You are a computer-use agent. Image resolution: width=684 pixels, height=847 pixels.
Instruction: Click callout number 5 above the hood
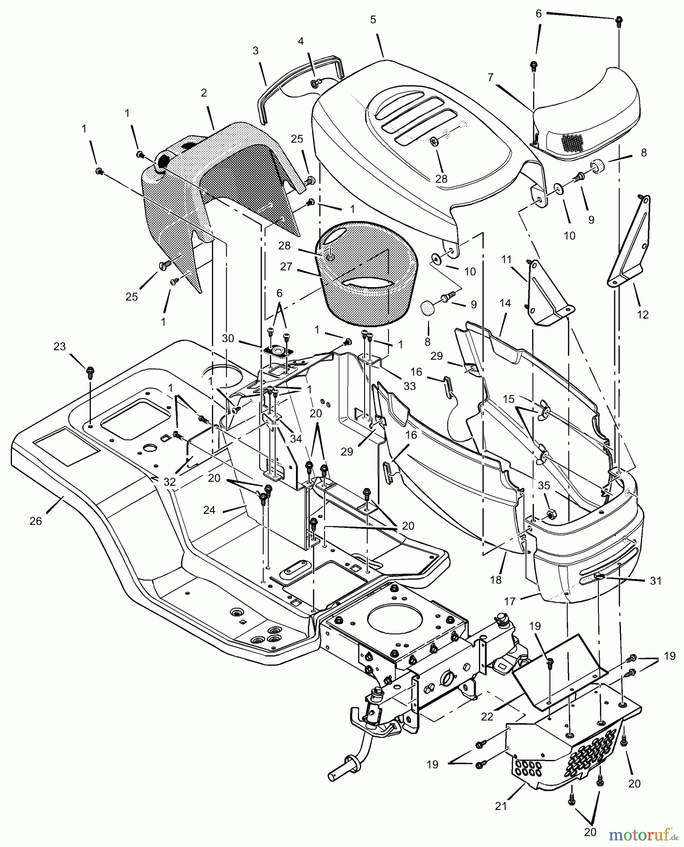[373, 20]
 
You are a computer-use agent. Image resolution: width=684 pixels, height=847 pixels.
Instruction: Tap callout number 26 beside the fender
[36, 521]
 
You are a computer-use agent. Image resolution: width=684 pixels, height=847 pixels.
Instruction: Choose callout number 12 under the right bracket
[642, 315]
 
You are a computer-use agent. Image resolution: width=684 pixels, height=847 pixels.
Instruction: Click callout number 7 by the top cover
[491, 77]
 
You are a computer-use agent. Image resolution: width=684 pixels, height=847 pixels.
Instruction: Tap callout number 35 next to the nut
[545, 486]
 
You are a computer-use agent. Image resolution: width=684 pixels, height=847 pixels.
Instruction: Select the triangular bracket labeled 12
[628, 240]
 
